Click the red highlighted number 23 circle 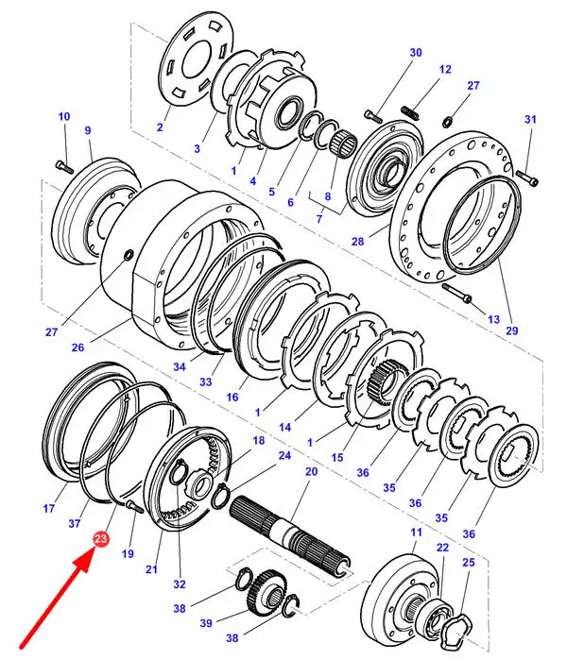101,539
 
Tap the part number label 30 416,53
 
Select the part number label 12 445,69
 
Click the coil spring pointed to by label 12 409,112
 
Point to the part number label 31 530,120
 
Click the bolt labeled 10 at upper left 64,167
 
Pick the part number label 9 88,130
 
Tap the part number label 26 77,347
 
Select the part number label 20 311,471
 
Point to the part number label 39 206,622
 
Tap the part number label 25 469,563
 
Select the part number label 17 49,509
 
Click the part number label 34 180,366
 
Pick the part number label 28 357,242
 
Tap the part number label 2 160,127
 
